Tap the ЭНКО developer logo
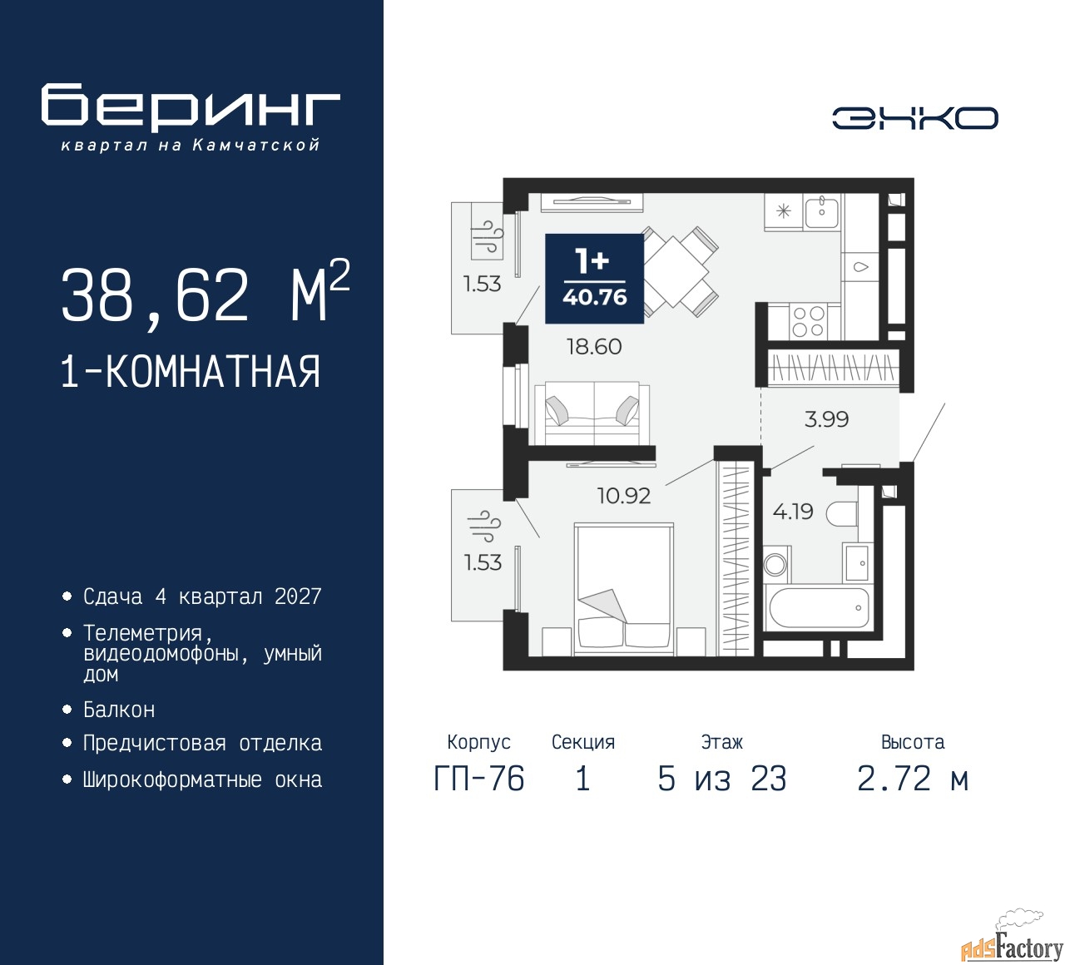pos(914,118)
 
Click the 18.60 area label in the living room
pos(593,347)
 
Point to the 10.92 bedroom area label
pos(624,496)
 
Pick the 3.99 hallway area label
pos(826,419)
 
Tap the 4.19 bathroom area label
pos(793,512)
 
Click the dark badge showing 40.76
pos(595,278)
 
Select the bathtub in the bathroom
pos(819,607)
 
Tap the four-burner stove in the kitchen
pos(808,322)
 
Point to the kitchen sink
pos(821,210)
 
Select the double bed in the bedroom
pos(624,590)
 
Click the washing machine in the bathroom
pos(776,564)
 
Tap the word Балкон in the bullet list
pos(119,710)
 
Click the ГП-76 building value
pos(479,779)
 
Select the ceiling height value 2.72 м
pos(913,779)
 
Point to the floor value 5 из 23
pos(721,779)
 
